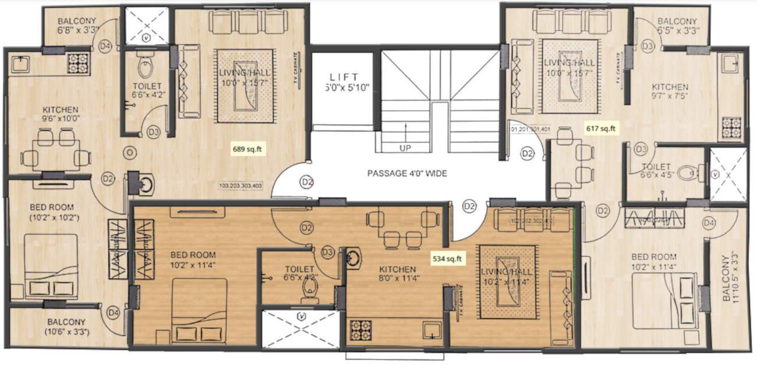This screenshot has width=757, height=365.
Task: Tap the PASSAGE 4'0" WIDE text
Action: coord(406,173)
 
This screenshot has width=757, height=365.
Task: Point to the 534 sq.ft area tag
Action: coord(447,257)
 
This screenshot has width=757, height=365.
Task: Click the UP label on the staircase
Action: coord(405,148)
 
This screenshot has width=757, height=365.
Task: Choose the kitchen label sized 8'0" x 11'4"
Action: coord(397,273)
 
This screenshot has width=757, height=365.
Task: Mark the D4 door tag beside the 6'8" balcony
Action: coord(105,47)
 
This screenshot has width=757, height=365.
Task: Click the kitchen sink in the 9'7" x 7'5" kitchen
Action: coord(731,63)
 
